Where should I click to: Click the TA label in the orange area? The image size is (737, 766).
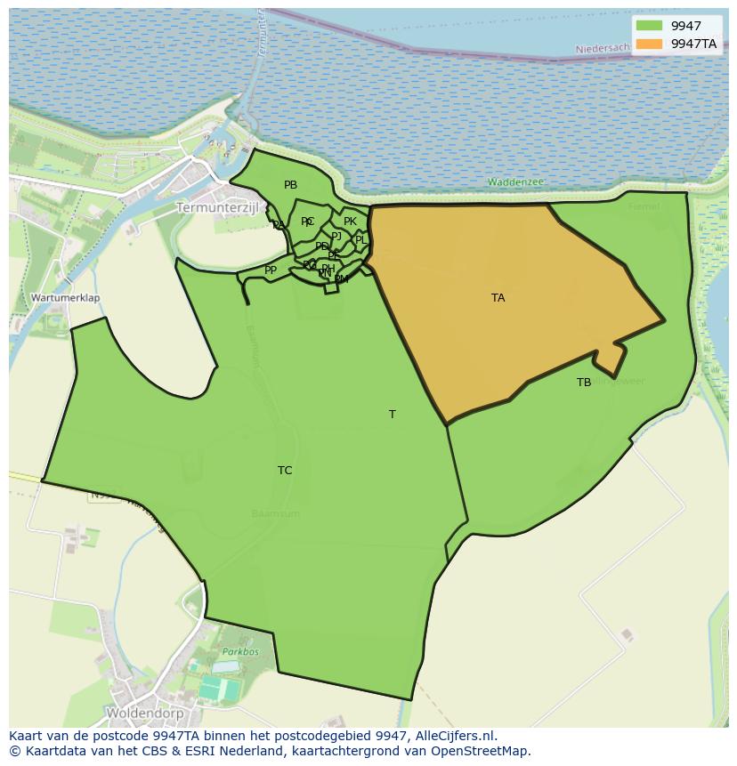point(498,298)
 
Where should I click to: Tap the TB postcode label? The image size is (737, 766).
point(584,383)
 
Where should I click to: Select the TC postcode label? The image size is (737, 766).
point(285,471)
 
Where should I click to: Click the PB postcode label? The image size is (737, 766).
point(290,185)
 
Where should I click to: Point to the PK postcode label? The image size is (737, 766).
point(350,222)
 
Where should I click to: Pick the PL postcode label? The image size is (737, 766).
point(360,240)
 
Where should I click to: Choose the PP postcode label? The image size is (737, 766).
point(271,270)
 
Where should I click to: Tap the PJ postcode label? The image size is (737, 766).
point(336,236)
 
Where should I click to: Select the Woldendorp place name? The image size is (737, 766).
point(145,714)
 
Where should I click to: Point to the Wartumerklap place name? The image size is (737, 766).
point(65,298)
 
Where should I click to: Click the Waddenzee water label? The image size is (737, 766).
point(515,182)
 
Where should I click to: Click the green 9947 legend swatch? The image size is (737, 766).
point(650,26)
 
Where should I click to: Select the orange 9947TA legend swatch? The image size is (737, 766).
point(650,44)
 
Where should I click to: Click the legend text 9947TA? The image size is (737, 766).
point(693,44)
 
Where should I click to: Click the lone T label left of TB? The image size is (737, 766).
point(392,415)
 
